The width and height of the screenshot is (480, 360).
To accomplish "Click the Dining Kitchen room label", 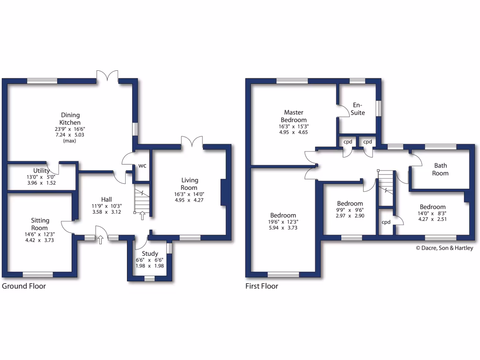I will (x=70, y=119).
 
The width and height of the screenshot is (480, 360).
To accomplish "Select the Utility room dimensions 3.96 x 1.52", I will (x=42, y=183).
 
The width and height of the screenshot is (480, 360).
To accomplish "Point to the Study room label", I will (x=150, y=254).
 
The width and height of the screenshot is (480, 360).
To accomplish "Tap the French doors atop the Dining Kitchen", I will (x=108, y=75).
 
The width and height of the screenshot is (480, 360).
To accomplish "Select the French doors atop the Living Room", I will (x=192, y=142).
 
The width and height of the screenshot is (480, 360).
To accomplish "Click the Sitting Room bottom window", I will (x=38, y=275).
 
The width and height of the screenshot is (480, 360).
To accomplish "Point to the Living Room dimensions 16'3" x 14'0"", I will (x=189, y=194).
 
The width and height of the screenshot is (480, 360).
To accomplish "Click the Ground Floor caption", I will (x=24, y=286).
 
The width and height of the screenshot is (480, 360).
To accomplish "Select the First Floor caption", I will (x=262, y=286).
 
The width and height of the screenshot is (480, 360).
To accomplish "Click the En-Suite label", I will (x=358, y=109).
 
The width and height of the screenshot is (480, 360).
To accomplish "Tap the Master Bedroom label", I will (x=294, y=116).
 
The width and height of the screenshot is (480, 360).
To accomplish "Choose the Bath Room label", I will (x=441, y=169).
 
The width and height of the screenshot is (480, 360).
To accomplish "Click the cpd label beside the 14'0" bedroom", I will (x=386, y=222).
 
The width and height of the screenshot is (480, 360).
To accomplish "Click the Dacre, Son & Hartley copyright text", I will (x=444, y=248).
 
